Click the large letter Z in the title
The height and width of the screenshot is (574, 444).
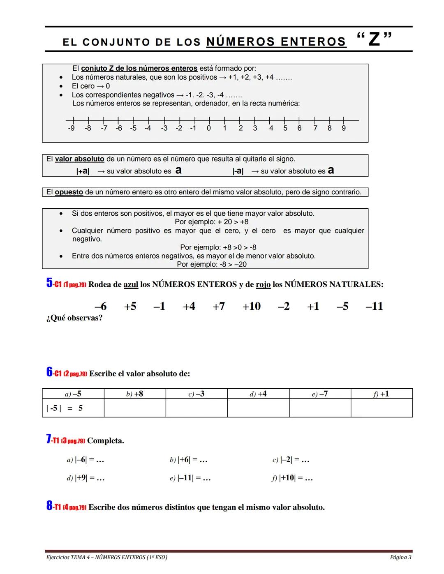pos(374,39)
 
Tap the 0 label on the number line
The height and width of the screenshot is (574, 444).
pos(209,128)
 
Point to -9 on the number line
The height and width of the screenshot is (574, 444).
pos(72,128)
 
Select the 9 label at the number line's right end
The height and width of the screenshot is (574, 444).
pos(344,128)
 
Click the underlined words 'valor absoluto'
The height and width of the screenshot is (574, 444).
pos(79,159)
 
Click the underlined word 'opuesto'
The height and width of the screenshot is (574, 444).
pos(69,192)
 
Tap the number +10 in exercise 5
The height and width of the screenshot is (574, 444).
pos(251,306)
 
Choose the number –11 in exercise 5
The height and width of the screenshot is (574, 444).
pos(374,306)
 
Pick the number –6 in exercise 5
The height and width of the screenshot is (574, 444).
pos(100,306)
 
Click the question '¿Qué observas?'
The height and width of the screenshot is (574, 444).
pos(74,318)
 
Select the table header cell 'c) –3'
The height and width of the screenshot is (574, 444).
pos(197,394)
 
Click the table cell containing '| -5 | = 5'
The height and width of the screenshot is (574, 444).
pos(73,408)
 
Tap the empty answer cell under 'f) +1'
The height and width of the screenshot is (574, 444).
pos(382,408)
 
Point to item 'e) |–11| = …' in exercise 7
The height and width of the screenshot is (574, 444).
pos(190,478)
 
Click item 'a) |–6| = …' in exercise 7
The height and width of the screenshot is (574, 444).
pos(85,460)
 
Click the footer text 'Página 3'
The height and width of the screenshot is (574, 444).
pos(400,558)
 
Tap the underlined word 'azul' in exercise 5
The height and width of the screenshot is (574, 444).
pos(131,284)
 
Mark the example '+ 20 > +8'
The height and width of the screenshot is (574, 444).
pos(211,222)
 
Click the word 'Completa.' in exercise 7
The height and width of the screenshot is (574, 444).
pos(106,441)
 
